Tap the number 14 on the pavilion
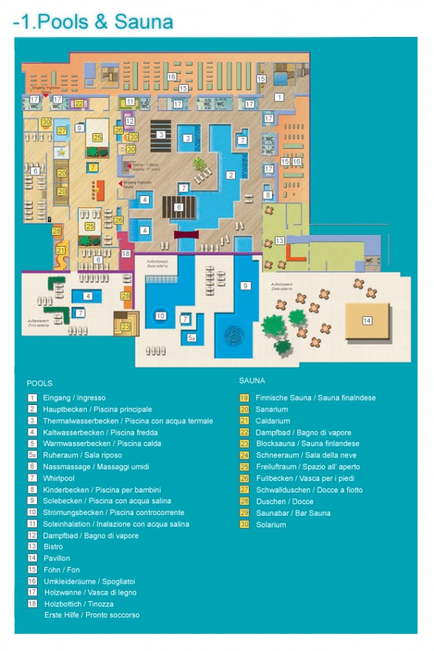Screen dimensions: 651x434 [x=367, y=320]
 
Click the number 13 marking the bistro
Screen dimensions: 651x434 [x=279, y=239]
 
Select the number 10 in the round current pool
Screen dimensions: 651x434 [x=161, y=315]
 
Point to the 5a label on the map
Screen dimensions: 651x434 [x=192, y=338]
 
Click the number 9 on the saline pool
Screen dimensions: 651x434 [x=245, y=286]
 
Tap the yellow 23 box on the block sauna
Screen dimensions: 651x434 [x=126, y=327]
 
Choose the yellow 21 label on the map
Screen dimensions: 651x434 [x=61, y=250]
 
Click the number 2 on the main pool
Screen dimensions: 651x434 [x=231, y=174]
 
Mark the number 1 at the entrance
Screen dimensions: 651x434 [x=279, y=95]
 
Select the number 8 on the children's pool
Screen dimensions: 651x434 [x=267, y=195]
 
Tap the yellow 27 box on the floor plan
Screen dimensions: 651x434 [x=62, y=130]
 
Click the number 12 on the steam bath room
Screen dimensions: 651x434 [x=130, y=122]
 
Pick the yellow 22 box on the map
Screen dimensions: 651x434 [x=78, y=103]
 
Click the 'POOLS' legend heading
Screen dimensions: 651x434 [x=39, y=383]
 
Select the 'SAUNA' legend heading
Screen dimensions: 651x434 [x=252, y=380]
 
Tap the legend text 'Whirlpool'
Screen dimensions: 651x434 [x=59, y=478]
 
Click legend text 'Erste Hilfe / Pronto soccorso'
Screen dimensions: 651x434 [x=91, y=615]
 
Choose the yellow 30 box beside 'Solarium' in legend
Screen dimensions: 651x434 [x=244, y=524]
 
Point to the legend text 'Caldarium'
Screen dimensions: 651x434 [x=273, y=421]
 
